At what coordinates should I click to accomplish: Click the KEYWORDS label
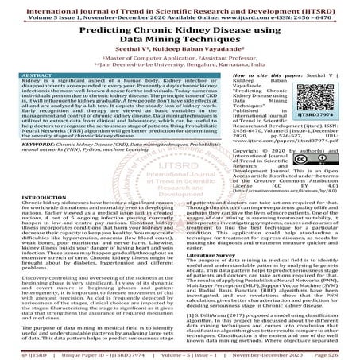coord(29,145)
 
